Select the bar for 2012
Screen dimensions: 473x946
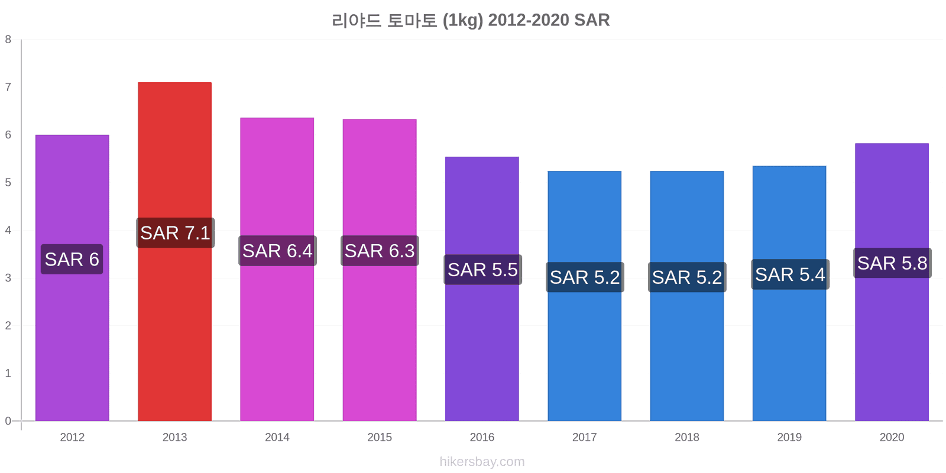(72, 343)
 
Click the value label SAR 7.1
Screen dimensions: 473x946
(175, 233)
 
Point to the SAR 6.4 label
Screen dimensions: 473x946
(277, 251)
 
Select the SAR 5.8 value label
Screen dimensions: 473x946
(892, 263)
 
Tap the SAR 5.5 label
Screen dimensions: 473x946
(482, 270)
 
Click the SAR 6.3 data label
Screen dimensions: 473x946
(380, 251)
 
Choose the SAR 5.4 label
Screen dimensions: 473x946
(790, 274)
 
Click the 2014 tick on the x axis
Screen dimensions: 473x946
(277, 438)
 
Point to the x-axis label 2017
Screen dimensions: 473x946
(584, 438)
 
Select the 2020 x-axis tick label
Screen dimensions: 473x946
(892, 438)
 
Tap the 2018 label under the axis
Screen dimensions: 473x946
(687, 438)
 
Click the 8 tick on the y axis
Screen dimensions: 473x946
(8, 40)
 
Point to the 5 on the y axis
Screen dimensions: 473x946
(8, 183)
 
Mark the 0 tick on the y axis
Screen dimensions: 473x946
(8, 421)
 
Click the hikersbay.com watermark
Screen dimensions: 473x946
(482, 462)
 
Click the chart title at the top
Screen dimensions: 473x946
(471, 20)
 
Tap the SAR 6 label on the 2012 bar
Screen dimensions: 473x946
(72, 259)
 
